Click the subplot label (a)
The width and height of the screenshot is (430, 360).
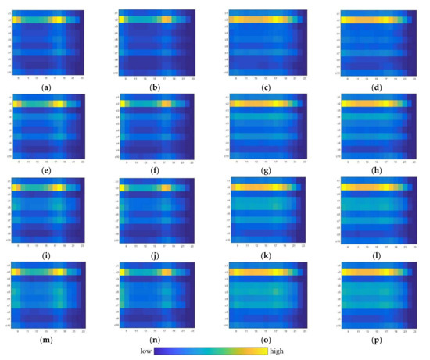coord(49,84)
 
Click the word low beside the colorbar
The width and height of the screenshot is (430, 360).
coord(143,351)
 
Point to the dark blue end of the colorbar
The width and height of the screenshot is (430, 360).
coord(159,351)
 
